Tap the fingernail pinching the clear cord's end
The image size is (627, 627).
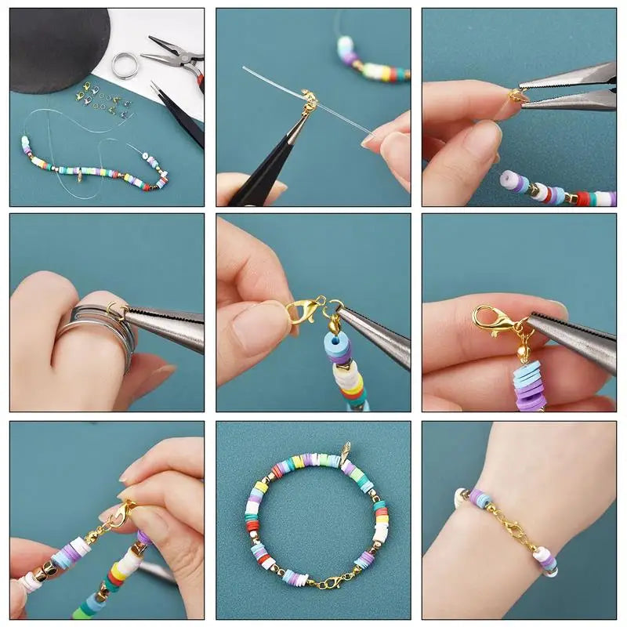(x=369, y=141)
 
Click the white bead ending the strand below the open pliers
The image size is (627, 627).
(x=510, y=180)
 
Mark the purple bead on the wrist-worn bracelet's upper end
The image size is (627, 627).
(x=478, y=497)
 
